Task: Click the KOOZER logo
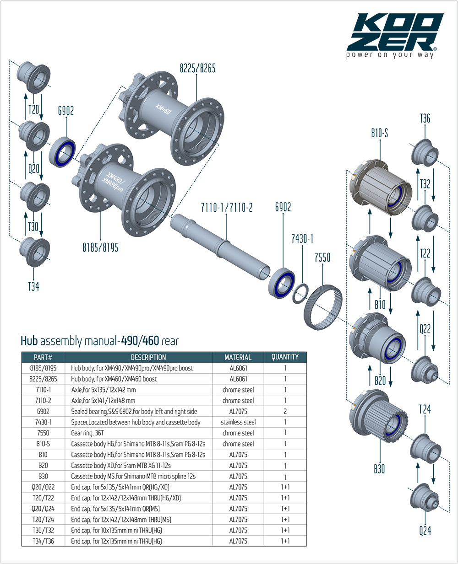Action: point(394,32)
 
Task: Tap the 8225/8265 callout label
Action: point(197,69)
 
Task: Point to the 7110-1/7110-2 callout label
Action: point(227,208)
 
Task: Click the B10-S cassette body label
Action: point(380,133)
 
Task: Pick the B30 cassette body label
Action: point(379,469)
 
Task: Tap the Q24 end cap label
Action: point(425,531)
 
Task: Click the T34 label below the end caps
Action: point(33,286)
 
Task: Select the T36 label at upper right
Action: point(425,118)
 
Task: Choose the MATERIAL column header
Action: point(238,357)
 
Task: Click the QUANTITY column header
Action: point(285,357)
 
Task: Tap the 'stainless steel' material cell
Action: point(238,422)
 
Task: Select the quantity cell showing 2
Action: point(285,411)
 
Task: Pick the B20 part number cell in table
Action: point(43,465)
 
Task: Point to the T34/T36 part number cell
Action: point(43,541)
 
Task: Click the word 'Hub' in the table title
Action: point(29,341)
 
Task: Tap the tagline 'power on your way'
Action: point(390,55)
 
